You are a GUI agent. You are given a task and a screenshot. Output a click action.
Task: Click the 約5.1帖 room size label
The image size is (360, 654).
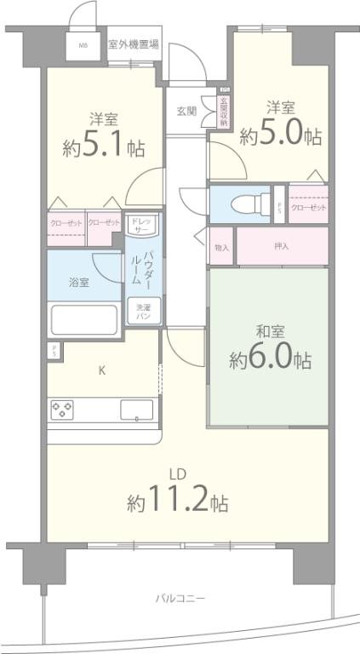pos(102,147)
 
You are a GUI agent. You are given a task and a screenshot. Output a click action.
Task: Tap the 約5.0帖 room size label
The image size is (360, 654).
pos(280,135)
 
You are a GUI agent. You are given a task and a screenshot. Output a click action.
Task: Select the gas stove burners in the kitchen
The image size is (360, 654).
pos(62,410)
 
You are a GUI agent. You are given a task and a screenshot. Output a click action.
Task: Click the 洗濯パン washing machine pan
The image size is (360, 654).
pos(139,310)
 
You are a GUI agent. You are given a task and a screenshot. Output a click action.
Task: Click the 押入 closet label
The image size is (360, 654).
pos(282,247)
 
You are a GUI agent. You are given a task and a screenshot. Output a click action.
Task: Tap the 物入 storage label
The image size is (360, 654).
pos(221,247)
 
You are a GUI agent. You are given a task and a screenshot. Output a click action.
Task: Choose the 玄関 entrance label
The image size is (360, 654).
pos(186,112)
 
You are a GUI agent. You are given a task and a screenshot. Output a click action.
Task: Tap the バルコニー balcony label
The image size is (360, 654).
pos(180,598)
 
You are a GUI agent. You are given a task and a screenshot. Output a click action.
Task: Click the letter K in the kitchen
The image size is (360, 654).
pos(101,370)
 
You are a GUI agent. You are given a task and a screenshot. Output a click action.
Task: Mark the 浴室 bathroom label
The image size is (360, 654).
pos(78,282)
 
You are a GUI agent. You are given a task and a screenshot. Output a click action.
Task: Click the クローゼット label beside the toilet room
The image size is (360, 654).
pos(308,207)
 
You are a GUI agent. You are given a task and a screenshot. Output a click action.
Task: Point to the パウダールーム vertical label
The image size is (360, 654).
pos(148,271)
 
